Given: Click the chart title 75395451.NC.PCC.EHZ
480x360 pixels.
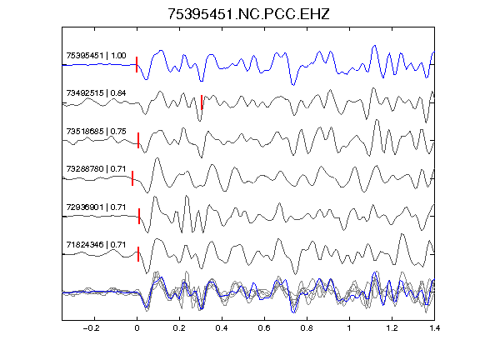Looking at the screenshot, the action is [248, 14].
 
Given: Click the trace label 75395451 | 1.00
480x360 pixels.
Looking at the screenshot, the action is [96, 55].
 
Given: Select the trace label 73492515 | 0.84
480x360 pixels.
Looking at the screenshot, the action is [96, 93].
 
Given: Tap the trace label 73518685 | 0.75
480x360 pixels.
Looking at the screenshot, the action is [96, 132].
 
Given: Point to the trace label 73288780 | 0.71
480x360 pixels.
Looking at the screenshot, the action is [96, 169].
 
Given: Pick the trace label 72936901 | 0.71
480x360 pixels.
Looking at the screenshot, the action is [96, 207].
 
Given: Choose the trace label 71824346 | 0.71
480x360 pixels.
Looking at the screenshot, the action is [96, 245].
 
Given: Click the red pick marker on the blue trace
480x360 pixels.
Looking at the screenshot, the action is [137, 65].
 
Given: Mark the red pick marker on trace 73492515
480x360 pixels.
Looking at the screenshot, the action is [202, 102].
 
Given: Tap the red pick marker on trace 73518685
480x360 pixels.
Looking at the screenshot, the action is [138, 140].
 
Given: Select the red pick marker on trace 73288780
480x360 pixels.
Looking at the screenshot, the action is [132, 178].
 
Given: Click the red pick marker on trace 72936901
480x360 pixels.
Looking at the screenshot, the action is [139, 216].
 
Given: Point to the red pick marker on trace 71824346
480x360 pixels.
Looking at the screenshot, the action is [138, 254].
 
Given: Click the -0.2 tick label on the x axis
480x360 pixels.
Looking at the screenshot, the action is [91, 328].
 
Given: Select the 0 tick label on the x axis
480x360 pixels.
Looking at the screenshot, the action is [137, 328].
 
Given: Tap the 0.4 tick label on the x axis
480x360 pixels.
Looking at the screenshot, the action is [222, 328].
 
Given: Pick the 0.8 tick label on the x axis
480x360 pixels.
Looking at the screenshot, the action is [307, 328].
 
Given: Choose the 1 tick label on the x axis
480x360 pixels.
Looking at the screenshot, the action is [349, 328].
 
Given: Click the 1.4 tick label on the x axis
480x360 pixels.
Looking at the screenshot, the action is [434, 328].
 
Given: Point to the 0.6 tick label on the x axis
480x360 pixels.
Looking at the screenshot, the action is [264, 328].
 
